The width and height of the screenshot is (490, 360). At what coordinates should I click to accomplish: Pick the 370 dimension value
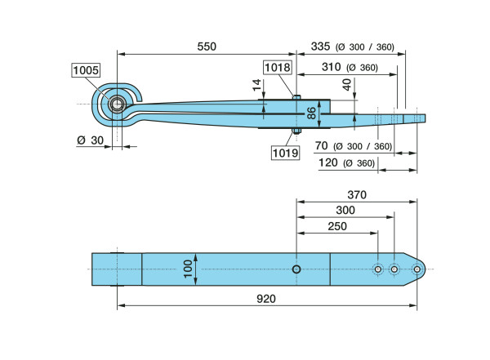coord(356,195)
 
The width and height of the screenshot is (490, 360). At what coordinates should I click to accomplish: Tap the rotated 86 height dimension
coord(311,113)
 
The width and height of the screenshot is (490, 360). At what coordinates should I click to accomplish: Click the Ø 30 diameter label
coord(90,140)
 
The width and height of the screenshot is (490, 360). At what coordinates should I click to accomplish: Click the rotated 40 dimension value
coord(346,84)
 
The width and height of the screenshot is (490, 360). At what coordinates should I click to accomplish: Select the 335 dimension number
coord(323,47)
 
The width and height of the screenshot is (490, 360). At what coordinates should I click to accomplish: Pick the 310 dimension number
coord(331,67)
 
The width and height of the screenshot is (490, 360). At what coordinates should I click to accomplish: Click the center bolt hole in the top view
coord(296,269)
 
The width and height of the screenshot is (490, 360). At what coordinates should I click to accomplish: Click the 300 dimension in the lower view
coord(345,210)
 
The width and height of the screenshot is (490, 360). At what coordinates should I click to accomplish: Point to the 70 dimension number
coord(321,146)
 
